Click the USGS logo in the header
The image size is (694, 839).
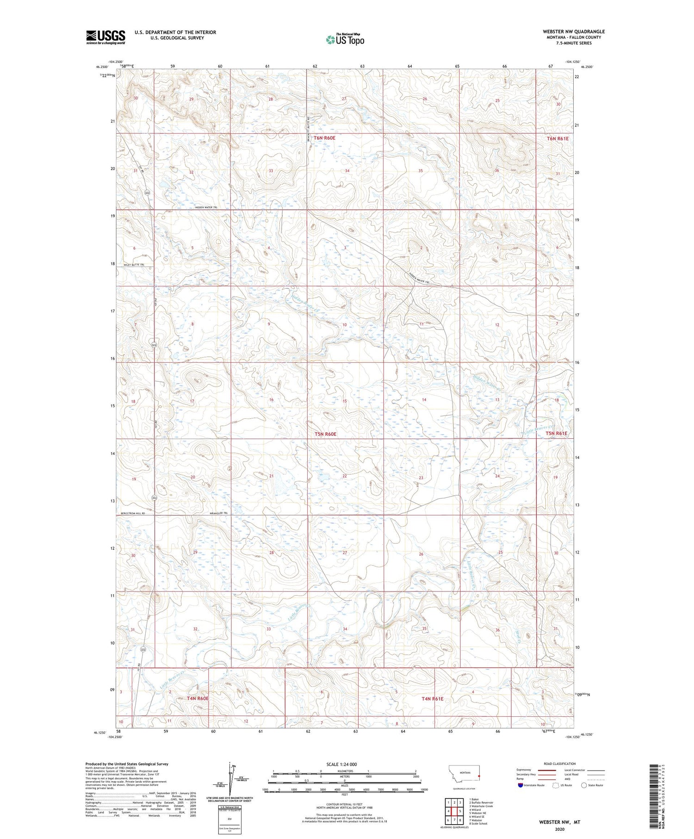[105, 37]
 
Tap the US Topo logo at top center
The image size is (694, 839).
[345, 40]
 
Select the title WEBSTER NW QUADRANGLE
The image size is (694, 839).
[573, 31]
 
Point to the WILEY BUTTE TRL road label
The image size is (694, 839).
[133, 265]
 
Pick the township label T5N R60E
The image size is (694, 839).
[325, 434]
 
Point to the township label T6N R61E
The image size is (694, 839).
[557, 138]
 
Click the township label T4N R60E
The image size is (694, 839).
[198, 698]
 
